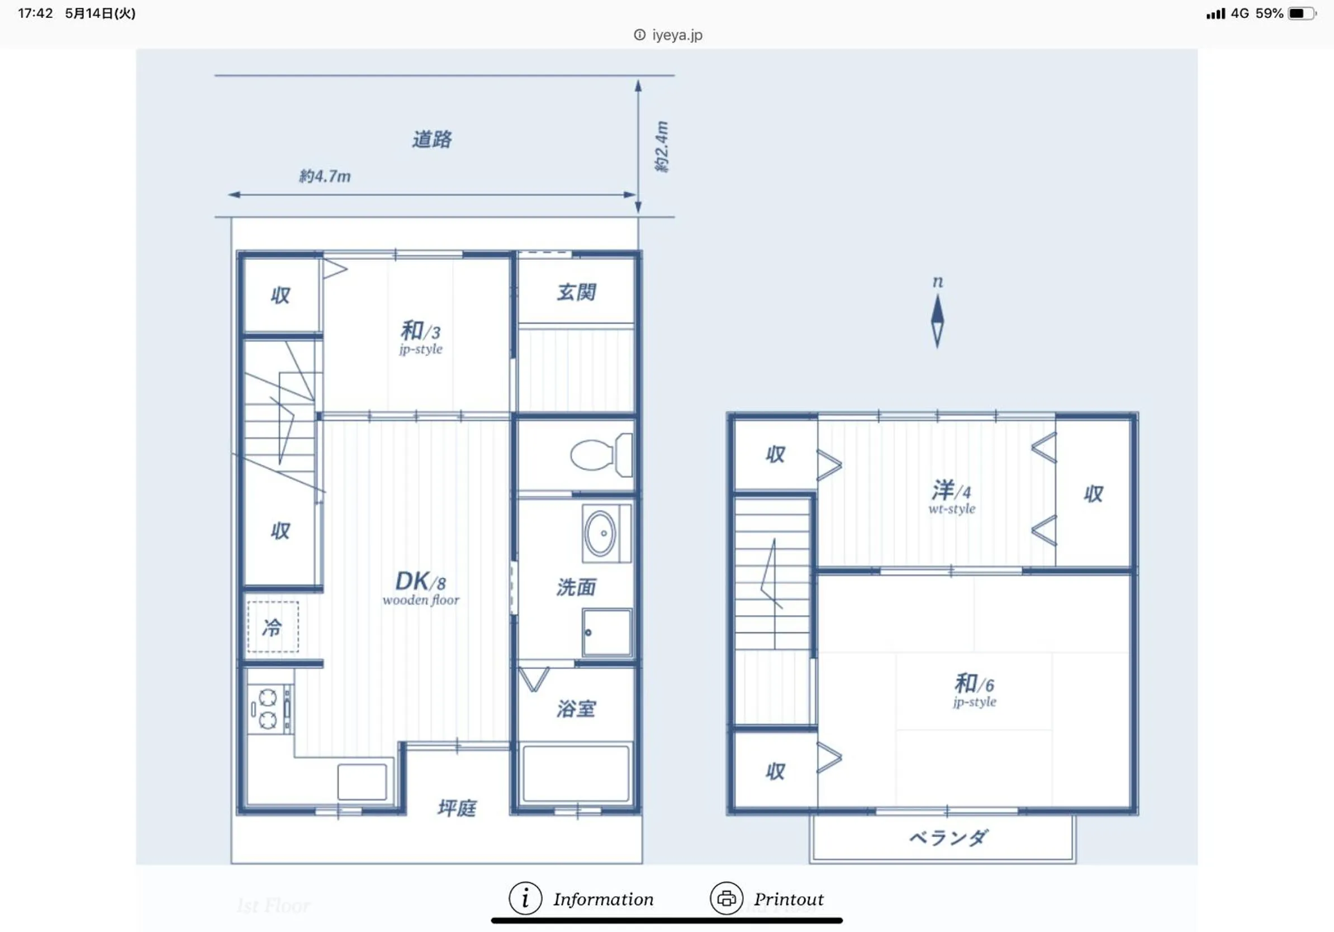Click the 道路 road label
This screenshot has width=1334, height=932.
431,140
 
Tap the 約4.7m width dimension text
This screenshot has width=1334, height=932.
325,176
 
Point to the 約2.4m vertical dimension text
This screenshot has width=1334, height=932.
662,146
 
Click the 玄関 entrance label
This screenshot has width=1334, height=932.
576,292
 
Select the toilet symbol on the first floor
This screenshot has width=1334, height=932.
600,454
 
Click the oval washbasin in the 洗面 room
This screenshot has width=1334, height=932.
600,533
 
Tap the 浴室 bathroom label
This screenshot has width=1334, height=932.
576,708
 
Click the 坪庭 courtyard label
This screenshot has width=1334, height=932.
457,807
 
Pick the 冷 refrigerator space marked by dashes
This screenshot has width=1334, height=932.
273,627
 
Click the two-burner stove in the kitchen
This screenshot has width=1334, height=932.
268,709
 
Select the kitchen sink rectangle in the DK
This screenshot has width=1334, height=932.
362,782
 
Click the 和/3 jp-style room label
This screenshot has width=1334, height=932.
421,337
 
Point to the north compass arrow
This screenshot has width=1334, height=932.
937,320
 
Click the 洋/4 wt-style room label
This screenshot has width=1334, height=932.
951,497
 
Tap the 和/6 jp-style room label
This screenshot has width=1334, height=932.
974,690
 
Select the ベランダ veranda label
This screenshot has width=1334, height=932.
948,838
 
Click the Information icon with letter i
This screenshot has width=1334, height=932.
525,898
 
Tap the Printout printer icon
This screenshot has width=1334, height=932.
727,898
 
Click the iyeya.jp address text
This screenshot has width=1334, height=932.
677,35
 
